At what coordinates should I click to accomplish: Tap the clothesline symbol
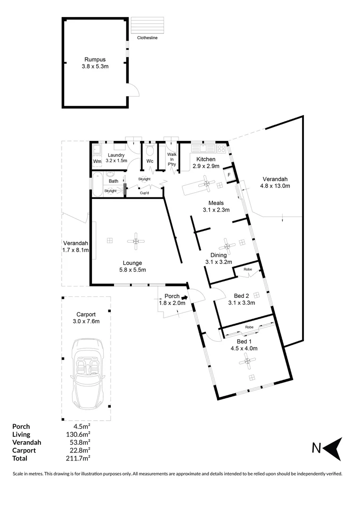pyautogui.click(x=147, y=25)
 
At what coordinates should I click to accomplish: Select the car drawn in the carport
pyautogui.click(x=86, y=374)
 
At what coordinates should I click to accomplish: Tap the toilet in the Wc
pyautogui.click(x=150, y=151)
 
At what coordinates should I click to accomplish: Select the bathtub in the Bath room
pyautogui.click(x=97, y=185)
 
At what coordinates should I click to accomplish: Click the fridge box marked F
pyautogui.click(x=229, y=174)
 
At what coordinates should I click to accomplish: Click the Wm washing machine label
pyautogui.click(x=97, y=162)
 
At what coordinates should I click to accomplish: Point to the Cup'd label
pyautogui.click(x=145, y=193)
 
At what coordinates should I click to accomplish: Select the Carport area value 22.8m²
pyautogui.click(x=80, y=450)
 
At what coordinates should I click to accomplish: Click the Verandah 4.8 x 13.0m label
pyautogui.click(x=275, y=182)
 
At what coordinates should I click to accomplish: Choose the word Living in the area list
pyautogui.click(x=21, y=434)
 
